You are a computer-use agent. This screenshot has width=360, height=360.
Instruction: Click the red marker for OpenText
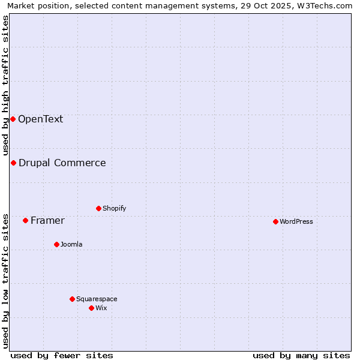click(13, 119)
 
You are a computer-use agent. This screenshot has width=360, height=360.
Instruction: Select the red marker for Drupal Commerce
click(13, 163)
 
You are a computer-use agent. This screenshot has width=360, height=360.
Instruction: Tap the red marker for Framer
click(25, 220)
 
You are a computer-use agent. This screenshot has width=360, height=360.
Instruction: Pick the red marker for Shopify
click(98, 208)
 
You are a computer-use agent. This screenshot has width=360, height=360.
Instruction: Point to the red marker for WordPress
click(275, 221)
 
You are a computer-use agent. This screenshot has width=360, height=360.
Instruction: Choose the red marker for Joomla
click(56, 244)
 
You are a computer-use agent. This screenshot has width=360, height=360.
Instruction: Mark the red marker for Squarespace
click(72, 299)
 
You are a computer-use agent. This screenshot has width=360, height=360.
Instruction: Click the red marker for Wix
click(91, 308)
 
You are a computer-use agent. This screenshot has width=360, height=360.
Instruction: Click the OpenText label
click(40, 119)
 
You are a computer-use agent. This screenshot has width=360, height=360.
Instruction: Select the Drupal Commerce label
click(62, 163)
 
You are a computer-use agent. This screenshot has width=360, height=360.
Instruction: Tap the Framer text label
click(47, 220)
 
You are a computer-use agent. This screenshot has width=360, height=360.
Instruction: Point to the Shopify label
click(114, 208)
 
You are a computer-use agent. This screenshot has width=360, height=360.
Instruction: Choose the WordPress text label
click(296, 221)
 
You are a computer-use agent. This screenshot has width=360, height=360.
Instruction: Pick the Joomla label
click(71, 244)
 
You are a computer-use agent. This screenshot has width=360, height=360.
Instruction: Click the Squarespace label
click(97, 299)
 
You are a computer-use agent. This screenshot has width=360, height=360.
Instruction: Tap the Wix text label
click(101, 308)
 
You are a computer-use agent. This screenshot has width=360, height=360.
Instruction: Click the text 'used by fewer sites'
click(62, 355)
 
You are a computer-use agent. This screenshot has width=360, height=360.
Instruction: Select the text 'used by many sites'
click(301, 355)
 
